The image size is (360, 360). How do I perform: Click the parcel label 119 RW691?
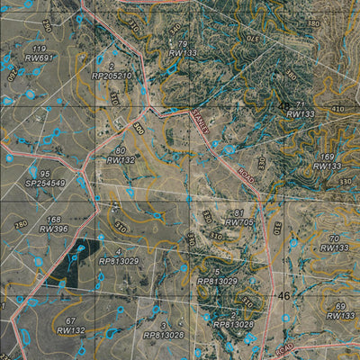pos(38,52)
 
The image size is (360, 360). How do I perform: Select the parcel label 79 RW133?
pos(182,49)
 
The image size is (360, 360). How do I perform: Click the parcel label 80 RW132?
pos(121,155)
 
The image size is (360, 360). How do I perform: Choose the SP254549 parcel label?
pos(45,177)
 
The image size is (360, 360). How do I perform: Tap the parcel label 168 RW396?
pos(54,224)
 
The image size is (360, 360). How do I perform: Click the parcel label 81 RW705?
pos(238,217)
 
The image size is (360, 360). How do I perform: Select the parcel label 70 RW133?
pos(334,242)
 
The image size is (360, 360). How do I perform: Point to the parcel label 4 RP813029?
pos(119,256)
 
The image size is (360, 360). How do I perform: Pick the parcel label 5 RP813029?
pos(217,276)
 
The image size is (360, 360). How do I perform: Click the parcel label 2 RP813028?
pos(233,319)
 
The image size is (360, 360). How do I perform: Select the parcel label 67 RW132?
pos(70,326)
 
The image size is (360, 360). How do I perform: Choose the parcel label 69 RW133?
pos(340,310)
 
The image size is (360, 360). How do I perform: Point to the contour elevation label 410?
pos(337,109)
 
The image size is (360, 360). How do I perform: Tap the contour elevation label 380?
pos(313,22)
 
